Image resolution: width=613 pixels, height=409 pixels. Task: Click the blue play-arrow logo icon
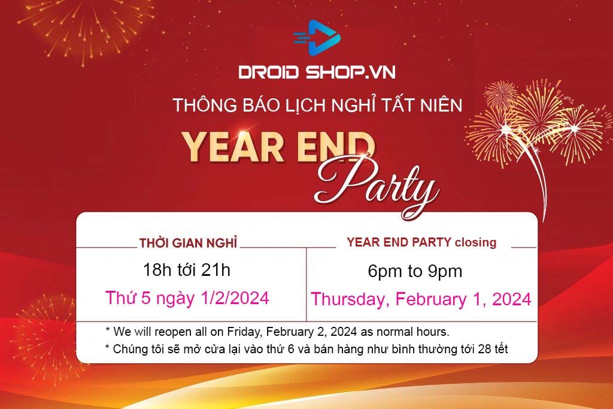pos(317,38)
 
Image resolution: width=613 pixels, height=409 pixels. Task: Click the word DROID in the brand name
pos(269,72)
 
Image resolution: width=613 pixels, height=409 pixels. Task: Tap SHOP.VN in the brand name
pos(351,72)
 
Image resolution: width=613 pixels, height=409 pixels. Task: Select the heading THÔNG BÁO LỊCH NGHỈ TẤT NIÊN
pos(317,105)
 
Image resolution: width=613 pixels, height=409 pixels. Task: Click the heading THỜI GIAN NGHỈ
pos(189,243)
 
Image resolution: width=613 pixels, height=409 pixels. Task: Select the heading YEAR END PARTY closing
pos(421,242)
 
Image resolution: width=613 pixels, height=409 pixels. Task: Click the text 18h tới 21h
pos(187,270)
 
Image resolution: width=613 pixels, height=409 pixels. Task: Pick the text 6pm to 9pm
pos(415,271)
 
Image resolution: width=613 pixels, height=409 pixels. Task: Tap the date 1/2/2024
pos(235,298)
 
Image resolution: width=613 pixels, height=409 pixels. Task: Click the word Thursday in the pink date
pos(350,299)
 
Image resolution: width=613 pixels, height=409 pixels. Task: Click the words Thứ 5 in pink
pos(128,297)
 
